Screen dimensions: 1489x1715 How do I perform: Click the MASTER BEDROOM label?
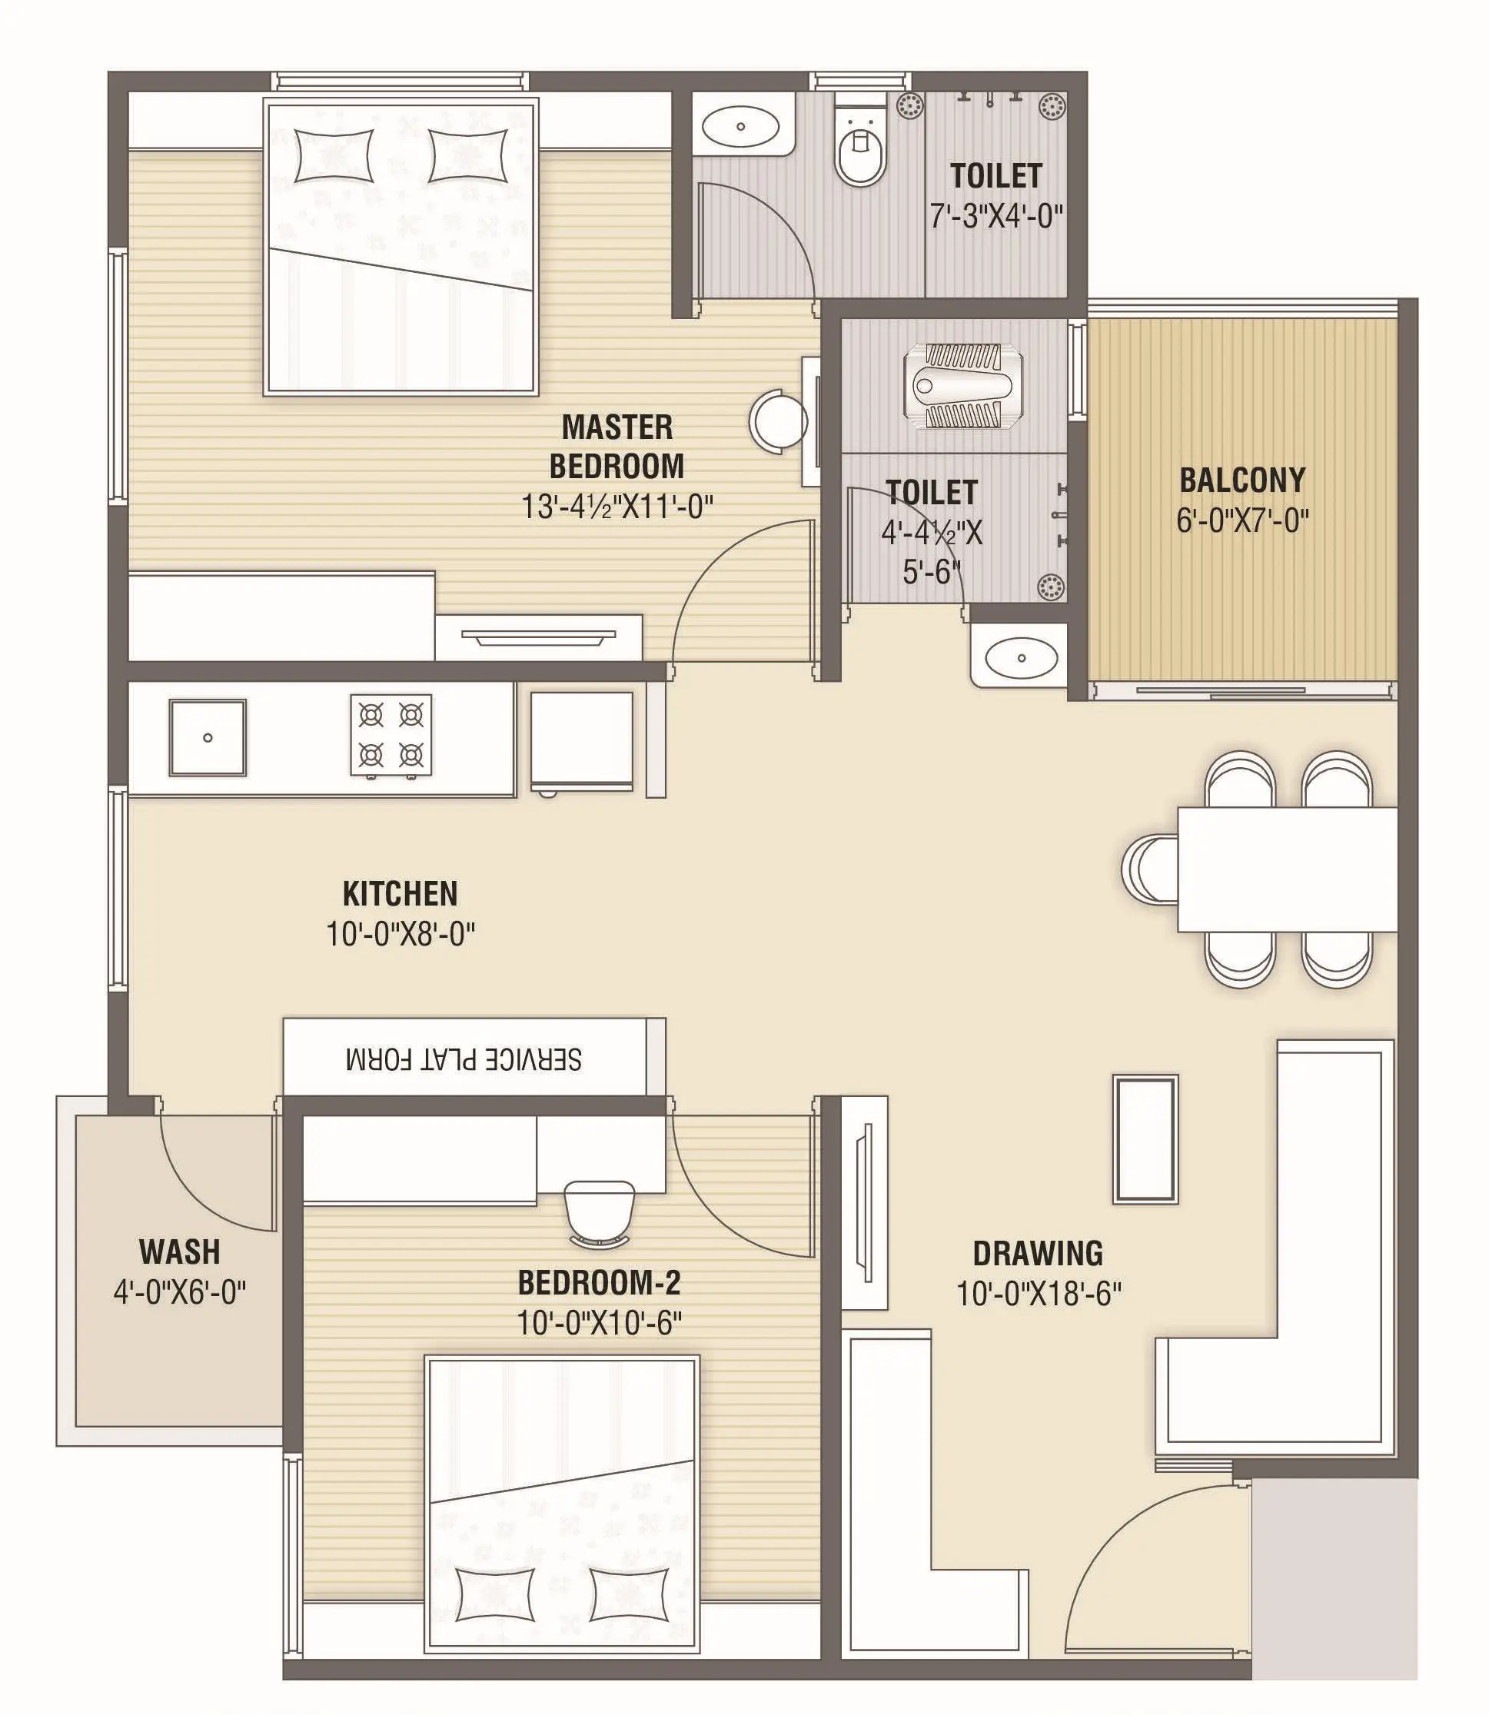click(617, 446)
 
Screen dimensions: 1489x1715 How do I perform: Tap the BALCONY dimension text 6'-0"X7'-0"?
click(1242, 521)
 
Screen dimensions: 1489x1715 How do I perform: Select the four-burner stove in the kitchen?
click(391, 736)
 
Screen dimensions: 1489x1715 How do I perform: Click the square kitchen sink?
click(208, 737)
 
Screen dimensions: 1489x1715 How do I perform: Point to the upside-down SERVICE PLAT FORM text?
click(464, 1059)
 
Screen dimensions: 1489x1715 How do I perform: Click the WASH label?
click(179, 1251)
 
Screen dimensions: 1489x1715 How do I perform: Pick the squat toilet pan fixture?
click(964, 387)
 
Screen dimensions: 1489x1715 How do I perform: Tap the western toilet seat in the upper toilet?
click(861, 150)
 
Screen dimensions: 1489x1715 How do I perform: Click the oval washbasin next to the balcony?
click(1021, 657)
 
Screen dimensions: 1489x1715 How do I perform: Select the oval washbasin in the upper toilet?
click(740, 126)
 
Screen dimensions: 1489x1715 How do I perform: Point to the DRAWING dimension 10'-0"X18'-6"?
click(1039, 1294)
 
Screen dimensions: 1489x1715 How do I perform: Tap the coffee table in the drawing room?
click(1146, 1139)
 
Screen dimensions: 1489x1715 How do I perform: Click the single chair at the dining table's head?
click(1150, 869)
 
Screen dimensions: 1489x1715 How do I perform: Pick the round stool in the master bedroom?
click(779, 421)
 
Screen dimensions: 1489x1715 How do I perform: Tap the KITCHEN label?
click(400, 894)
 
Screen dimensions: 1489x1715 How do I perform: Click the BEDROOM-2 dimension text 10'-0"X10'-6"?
click(599, 1323)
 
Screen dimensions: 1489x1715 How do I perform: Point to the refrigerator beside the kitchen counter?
click(582, 742)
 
